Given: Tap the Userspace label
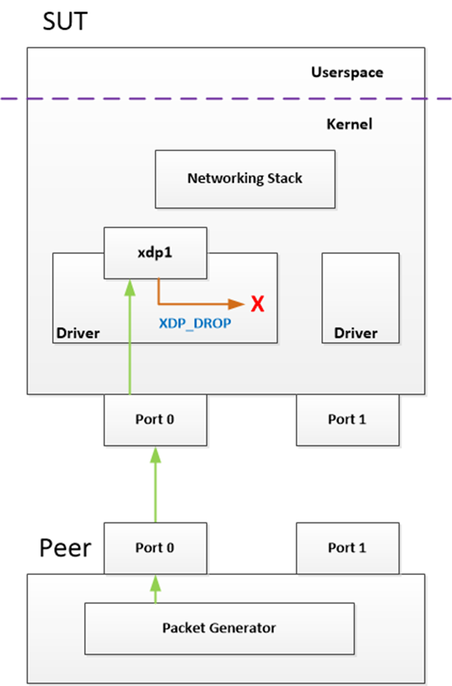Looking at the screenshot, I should [x=347, y=72].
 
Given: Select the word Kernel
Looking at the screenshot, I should [x=349, y=125].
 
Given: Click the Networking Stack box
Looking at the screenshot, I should [x=245, y=179].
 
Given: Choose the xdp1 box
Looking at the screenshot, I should [x=155, y=253].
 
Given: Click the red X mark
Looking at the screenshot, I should [x=258, y=303].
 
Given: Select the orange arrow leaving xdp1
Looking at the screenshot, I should [x=198, y=302].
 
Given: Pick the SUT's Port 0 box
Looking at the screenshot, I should [x=155, y=420].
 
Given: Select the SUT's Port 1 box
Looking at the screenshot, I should [x=347, y=420].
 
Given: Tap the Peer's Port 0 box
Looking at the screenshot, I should [x=155, y=548].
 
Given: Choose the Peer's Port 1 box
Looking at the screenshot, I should [x=347, y=548].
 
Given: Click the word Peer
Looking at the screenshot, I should [x=65, y=548].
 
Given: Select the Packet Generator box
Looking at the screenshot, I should [x=219, y=628].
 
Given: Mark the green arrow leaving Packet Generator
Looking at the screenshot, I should [x=155, y=589].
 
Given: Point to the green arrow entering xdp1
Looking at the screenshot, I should [x=129, y=335].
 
